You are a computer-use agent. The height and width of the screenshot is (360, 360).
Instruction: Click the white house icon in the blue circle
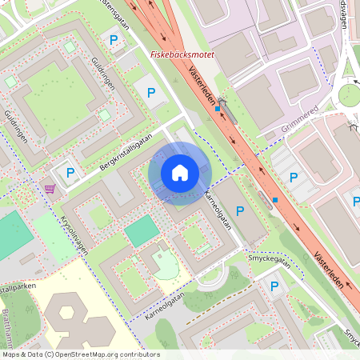pos(180,173)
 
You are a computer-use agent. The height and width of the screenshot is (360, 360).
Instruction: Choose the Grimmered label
pos(300,118)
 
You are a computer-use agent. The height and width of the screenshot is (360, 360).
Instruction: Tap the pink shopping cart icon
pos(50,189)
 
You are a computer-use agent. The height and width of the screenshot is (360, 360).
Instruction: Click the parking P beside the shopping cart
pos(70,173)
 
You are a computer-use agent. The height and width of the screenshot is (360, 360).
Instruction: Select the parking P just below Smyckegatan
pos(275,286)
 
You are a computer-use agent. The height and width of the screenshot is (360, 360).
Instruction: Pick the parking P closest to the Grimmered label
pos(294,177)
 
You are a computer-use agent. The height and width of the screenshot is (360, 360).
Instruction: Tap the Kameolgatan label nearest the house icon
pos(218,211)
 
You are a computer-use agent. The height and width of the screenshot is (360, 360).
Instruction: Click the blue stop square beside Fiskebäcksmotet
pos(218,107)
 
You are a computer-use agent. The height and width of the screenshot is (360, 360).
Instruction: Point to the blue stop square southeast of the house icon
pos(275,199)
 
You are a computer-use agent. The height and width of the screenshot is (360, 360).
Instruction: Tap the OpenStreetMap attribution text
pos(81,354)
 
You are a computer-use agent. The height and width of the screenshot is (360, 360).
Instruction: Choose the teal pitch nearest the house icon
pos(142,231)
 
